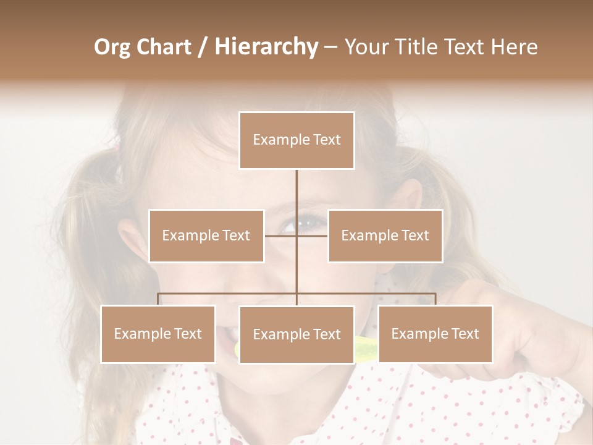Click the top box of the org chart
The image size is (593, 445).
click(296, 140)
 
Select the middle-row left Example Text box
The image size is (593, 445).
click(206, 235)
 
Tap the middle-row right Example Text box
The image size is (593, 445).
click(385, 235)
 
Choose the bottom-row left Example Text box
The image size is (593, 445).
click(158, 334)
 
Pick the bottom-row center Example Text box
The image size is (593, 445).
click(296, 334)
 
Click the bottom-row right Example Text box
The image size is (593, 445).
click(435, 334)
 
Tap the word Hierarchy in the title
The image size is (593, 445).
click(266, 47)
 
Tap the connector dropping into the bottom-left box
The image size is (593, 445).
click(158, 299)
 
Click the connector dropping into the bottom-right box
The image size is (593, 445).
click(435, 299)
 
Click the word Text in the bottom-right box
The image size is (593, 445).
click(466, 334)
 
